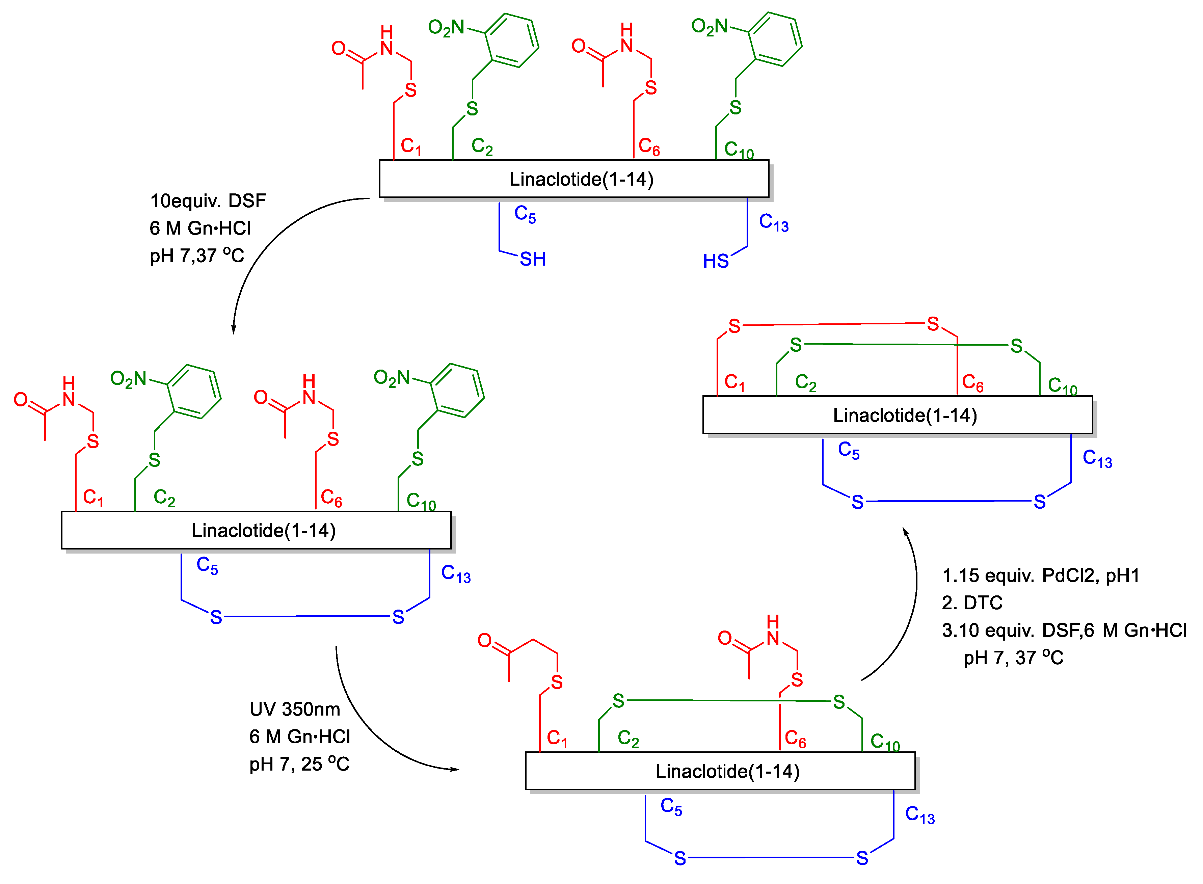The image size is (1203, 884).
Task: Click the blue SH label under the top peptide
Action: pyautogui.click(x=532, y=259)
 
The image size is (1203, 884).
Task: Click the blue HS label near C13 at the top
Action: pyautogui.click(x=716, y=261)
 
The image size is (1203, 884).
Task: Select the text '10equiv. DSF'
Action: pyautogui.click(x=208, y=201)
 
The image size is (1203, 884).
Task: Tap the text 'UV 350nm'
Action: pyautogui.click(x=294, y=709)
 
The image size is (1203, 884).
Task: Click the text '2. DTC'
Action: pyautogui.click(x=972, y=602)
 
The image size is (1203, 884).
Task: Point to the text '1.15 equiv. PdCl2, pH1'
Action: pyautogui.click(x=1040, y=575)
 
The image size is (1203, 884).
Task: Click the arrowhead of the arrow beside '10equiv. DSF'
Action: pyautogui.click(x=233, y=329)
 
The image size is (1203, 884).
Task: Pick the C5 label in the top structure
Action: pyautogui.click(x=525, y=214)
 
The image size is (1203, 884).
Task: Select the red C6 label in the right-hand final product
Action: pyautogui.click(x=972, y=383)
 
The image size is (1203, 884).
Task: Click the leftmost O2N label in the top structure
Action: pyautogui.click(x=446, y=28)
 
